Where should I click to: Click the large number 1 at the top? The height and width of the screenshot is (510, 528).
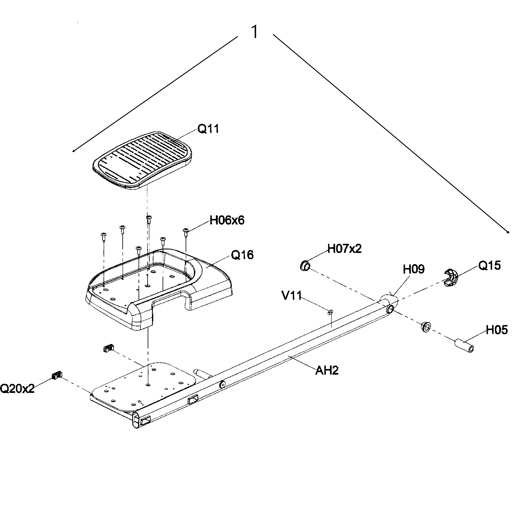[255, 32]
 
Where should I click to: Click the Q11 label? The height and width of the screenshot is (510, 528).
[208, 129]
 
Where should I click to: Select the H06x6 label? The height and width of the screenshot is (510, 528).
[227, 220]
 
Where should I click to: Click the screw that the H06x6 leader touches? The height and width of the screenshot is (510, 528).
[185, 231]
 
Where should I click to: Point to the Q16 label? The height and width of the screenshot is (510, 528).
[242, 255]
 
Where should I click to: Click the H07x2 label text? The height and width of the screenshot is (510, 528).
[344, 249]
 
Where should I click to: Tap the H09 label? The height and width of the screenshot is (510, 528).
[414, 269]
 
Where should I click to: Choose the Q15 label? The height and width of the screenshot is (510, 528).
[489, 265]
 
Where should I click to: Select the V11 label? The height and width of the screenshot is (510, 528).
[292, 295]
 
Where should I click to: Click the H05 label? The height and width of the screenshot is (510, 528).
[497, 330]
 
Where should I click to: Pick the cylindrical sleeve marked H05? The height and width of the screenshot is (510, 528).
[464, 346]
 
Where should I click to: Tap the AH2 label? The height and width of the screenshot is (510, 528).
[327, 370]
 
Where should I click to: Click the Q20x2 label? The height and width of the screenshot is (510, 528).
[17, 389]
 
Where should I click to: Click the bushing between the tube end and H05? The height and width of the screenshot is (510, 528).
[426, 327]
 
